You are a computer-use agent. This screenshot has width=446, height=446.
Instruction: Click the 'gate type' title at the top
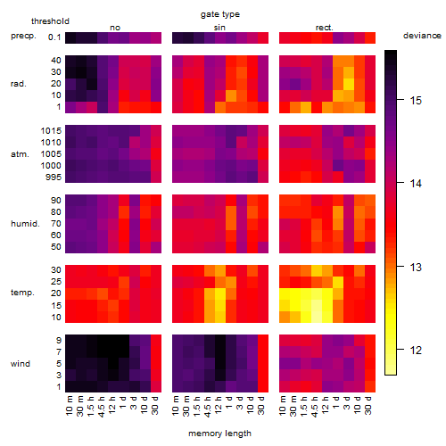click(x=220, y=14)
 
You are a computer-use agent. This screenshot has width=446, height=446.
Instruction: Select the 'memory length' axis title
click(x=219, y=434)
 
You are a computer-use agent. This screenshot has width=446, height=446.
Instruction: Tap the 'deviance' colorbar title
click(x=422, y=36)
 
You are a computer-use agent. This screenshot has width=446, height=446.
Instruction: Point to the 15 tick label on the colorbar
click(x=416, y=101)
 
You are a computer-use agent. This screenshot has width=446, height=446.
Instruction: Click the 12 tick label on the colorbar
click(x=416, y=351)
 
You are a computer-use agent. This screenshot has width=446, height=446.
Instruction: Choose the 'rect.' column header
click(x=325, y=28)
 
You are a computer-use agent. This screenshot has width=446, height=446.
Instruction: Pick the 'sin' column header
click(x=219, y=28)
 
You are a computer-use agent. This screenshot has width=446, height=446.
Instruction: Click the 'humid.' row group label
click(x=25, y=224)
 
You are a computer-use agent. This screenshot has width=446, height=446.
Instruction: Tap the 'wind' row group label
click(x=21, y=364)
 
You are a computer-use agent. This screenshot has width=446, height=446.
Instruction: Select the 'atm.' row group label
click(x=20, y=154)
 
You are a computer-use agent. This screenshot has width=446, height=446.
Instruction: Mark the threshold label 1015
click(x=51, y=131)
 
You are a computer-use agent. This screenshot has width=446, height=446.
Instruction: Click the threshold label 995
click(x=54, y=178)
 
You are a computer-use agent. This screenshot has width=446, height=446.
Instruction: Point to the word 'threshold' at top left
click(x=50, y=21)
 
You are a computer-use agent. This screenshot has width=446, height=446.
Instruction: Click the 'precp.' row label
click(x=23, y=36)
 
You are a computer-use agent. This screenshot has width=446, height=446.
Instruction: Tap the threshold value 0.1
click(x=54, y=37)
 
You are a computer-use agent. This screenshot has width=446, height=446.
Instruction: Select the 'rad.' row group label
click(x=19, y=84)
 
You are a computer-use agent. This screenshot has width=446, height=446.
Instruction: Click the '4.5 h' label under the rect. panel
click(x=314, y=407)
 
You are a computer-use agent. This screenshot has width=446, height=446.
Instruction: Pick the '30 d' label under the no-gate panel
click(x=155, y=405)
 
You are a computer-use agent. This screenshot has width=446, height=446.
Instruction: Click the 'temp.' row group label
click(x=22, y=293)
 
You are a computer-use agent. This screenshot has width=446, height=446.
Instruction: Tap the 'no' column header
click(x=115, y=28)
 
